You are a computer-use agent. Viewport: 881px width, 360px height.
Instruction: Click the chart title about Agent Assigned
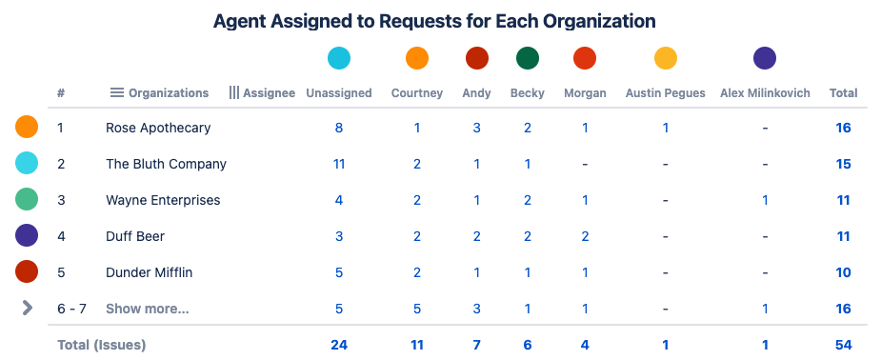pyautogui.click(x=434, y=21)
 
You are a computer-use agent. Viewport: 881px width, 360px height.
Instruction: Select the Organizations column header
pyautogui.click(x=168, y=93)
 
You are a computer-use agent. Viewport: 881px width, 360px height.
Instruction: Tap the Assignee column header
pyautogui.click(x=269, y=93)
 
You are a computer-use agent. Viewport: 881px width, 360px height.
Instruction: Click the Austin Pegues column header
pyautogui.click(x=665, y=93)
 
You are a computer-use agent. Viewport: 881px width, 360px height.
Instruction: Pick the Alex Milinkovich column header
pyautogui.click(x=765, y=93)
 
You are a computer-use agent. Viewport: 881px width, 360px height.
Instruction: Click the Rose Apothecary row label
pyautogui.click(x=158, y=128)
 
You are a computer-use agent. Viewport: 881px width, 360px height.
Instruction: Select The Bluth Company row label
pyautogui.click(x=166, y=164)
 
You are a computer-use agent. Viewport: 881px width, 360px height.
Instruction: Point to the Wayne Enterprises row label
pyautogui.click(x=163, y=200)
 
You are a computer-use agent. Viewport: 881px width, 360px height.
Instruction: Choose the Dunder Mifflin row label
pyautogui.click(x=149, y=272)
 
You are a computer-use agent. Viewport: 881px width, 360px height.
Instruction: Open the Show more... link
pyautogui.click(x=147, y=309)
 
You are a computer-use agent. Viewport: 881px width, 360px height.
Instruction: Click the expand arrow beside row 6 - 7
pyautogui.click(x=27, y=308)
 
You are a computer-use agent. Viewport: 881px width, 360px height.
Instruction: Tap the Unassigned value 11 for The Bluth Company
pyautogui.click(x=338, y=164)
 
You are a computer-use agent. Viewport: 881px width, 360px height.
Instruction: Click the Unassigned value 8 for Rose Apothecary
pyautogui.click(x=338, y=128)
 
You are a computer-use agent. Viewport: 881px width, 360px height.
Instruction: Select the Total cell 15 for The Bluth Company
pyautogui.click(x=843, y=164)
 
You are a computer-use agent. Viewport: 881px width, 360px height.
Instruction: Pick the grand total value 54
pyautogui.click(x=843, y=345)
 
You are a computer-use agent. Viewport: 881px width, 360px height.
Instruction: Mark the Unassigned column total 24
pyautogui.click(x=338, y=345)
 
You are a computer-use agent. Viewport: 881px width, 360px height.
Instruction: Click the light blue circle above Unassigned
pyautogui.click(x=338, y=59)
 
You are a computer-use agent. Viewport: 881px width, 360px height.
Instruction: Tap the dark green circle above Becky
pyautogui.click(x=528, y=59)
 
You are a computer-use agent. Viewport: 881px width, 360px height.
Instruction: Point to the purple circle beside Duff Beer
pyautogui.click(x=27, y=235)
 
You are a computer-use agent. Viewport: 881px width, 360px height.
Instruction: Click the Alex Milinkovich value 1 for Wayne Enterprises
pyautogui.click(x=765, y=200)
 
